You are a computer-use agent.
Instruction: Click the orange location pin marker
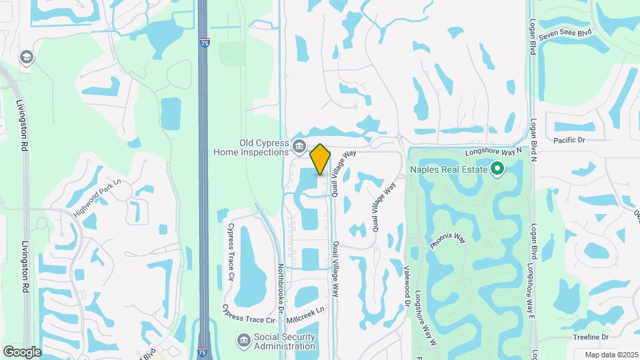[321, 159]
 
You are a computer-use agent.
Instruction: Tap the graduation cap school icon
[27, 57]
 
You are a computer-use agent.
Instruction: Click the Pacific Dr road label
[569, 140]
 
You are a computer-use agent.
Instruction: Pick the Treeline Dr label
[591, 338]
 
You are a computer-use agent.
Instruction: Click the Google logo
[22, 351]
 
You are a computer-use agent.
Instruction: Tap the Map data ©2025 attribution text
[610, 355]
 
